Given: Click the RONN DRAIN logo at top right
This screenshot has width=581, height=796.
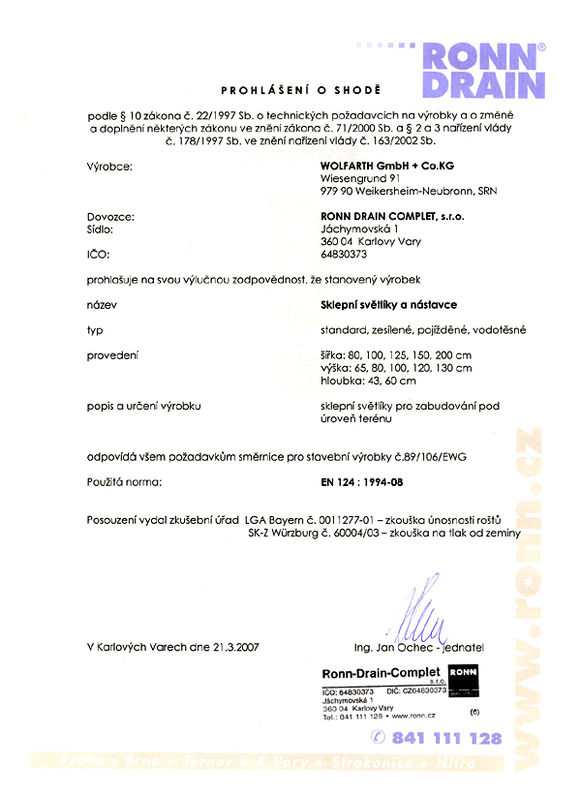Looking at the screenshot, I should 482,70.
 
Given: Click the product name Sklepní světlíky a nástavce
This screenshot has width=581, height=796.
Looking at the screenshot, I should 388,304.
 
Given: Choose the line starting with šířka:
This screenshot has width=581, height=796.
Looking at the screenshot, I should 396,355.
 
